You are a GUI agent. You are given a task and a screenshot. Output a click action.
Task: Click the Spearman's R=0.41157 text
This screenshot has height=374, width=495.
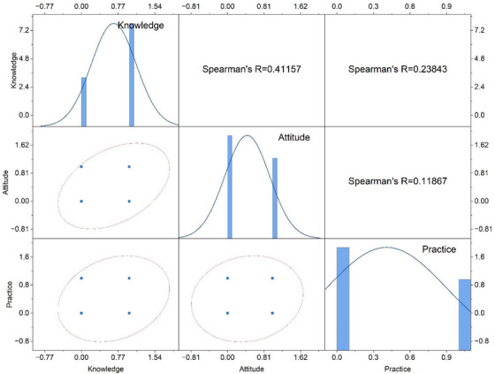point(251,69)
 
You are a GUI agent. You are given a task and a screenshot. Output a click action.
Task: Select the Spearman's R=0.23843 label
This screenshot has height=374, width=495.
point(398,69)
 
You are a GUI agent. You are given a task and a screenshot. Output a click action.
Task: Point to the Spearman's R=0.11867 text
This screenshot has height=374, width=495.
point(398,181)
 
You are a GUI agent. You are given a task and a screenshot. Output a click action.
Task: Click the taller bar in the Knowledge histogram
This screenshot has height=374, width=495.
point(132,75)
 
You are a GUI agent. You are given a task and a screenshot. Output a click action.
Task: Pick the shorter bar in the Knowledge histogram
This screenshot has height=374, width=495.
point(84,102)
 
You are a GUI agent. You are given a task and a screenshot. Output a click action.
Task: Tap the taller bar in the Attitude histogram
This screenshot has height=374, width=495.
point(230,187)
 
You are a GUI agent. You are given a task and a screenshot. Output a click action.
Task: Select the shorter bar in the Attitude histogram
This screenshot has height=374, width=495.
point(275,198)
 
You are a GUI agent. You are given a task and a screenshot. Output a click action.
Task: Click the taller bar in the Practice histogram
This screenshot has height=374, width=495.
point(343,299)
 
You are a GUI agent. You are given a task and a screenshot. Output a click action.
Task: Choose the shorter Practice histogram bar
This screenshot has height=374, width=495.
point(465,315)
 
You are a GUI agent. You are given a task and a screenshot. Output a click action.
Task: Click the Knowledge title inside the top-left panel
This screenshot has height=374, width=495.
point(141,26)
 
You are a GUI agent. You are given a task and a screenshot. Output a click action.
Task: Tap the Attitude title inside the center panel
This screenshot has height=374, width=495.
point(293,137)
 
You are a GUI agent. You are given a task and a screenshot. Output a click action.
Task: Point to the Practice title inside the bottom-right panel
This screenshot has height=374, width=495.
point(439,249)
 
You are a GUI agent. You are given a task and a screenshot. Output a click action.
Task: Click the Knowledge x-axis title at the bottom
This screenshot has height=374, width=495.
point(106,369)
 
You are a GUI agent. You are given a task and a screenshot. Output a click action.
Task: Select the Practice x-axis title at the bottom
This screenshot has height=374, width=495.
point(398,369)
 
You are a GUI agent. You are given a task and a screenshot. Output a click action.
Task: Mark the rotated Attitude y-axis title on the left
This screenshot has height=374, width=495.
point(5,182)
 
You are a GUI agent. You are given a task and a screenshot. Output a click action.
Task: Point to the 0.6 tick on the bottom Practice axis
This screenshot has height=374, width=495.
point(410,357)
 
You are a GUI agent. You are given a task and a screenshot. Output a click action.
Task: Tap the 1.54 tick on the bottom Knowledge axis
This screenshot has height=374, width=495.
point(155,357)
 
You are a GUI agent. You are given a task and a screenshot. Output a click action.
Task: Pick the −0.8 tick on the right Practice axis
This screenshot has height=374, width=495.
point(483,341)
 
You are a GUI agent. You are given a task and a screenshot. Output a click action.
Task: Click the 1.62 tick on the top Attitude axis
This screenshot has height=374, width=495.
point(301,6)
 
